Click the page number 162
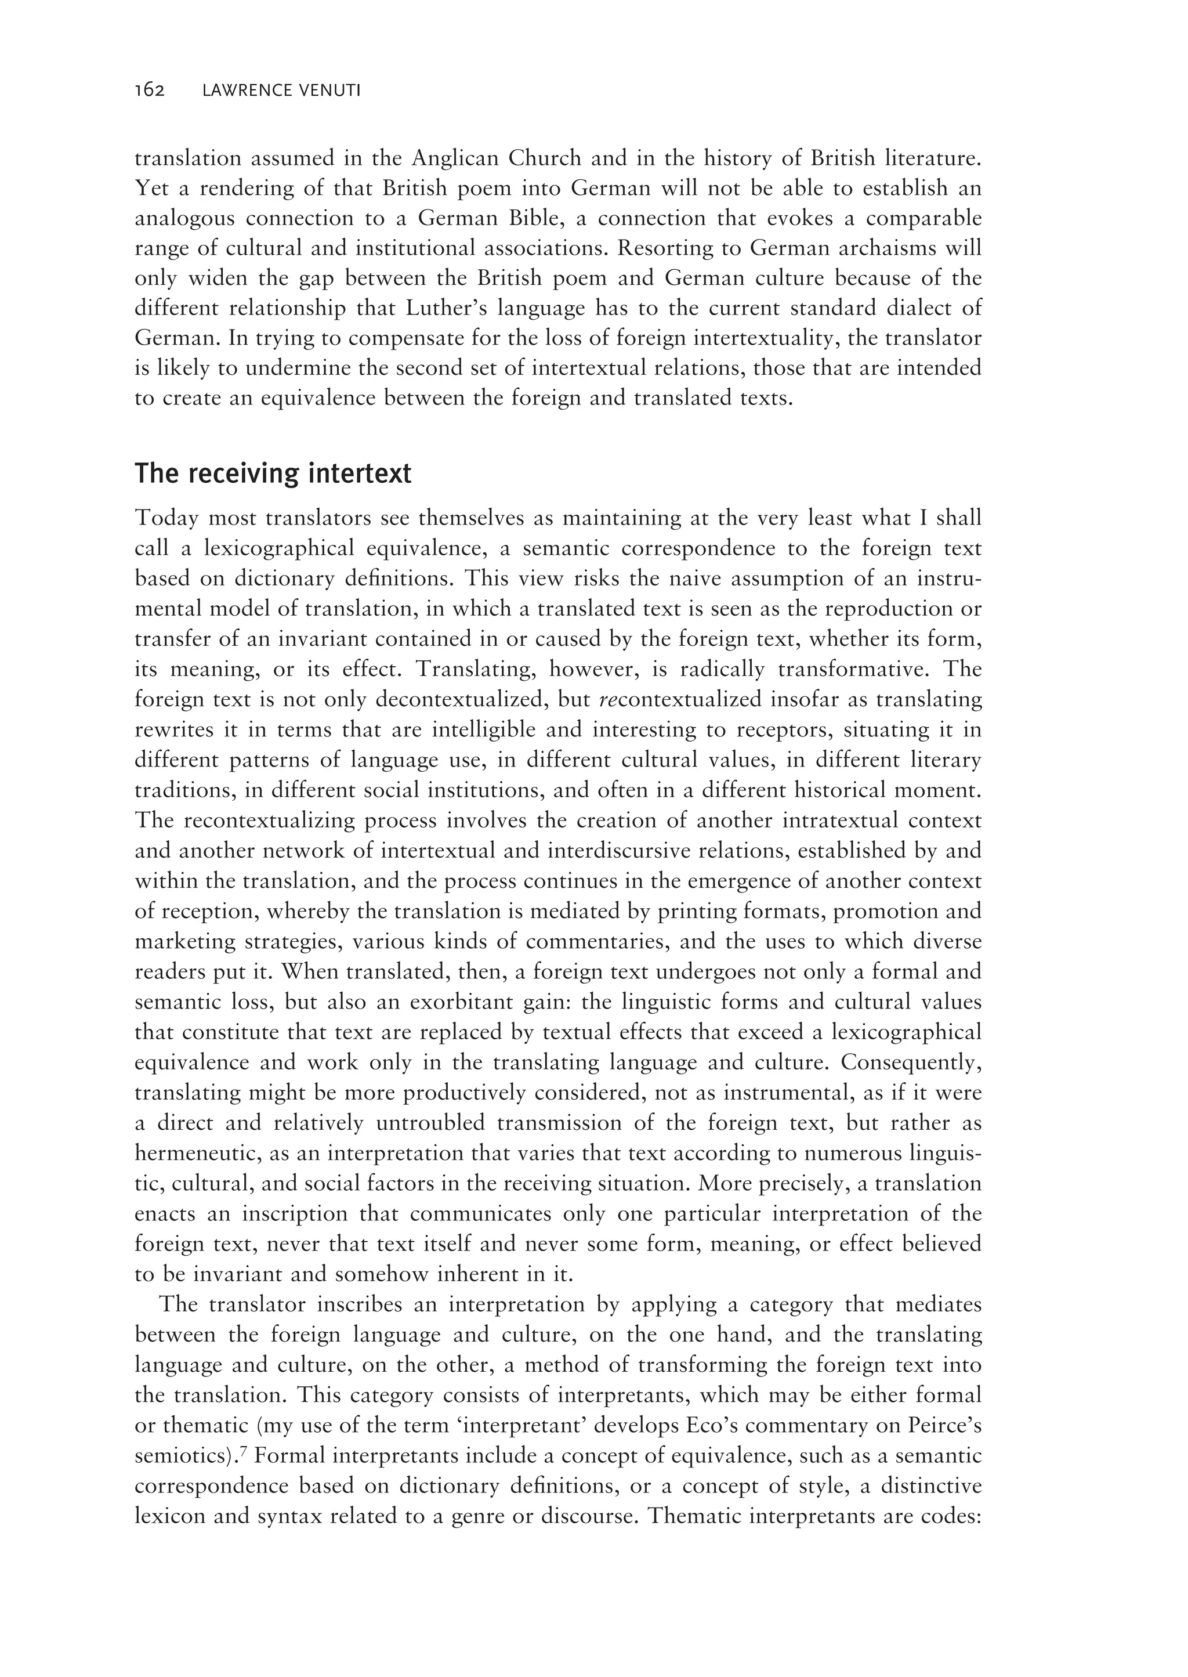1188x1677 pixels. coord(150,91)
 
